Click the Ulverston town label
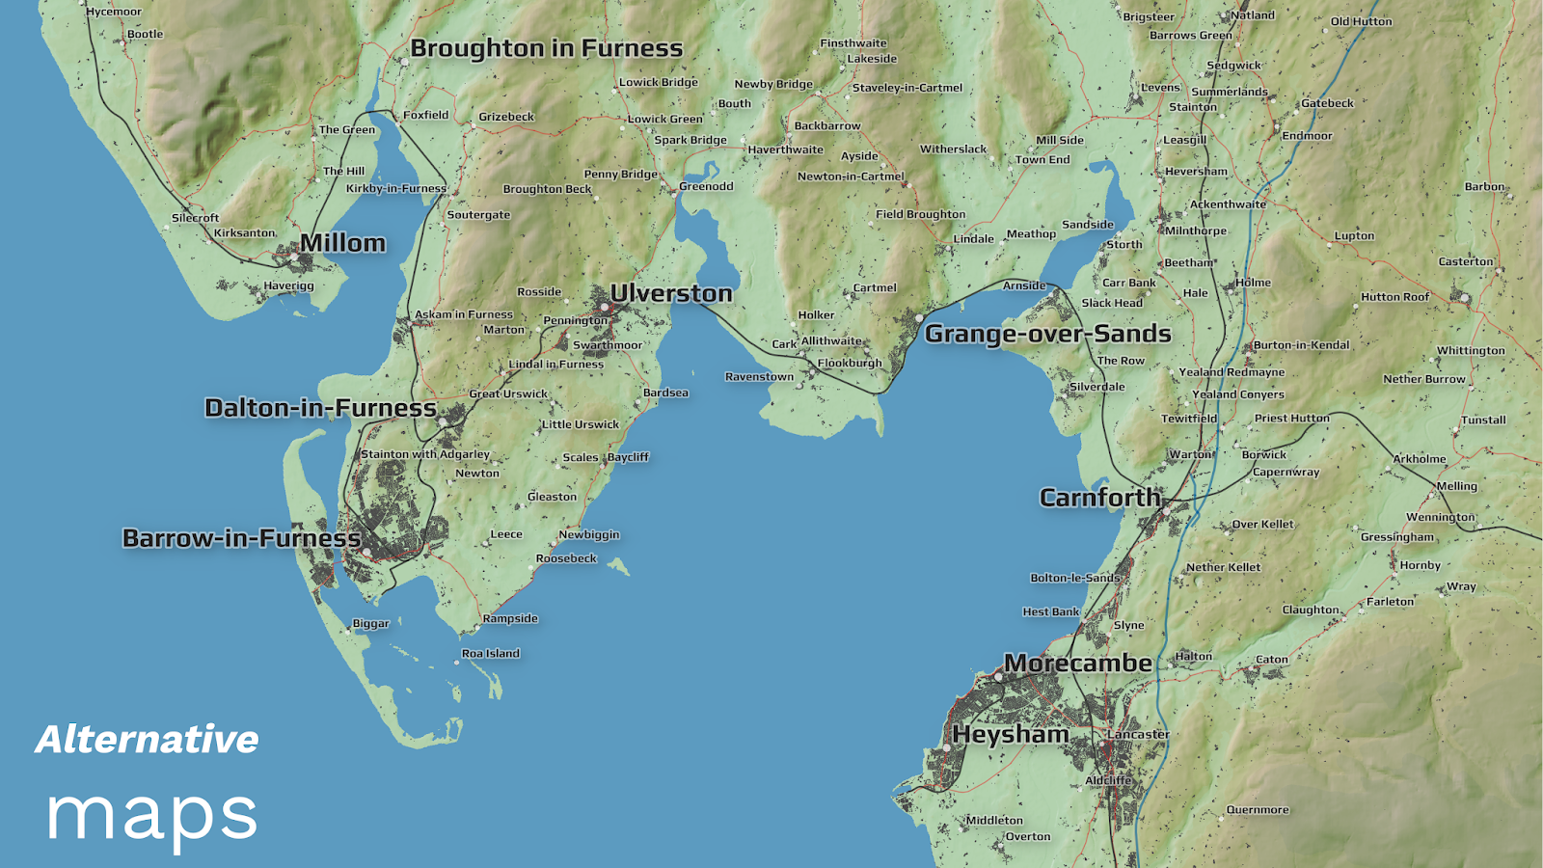coord(671,293)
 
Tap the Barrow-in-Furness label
coord(241,538)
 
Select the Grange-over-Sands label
coord(1047,334)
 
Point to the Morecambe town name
coord(1077,664)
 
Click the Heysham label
coord(1010,735)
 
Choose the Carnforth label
coord(1099,498)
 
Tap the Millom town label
coord(342,243)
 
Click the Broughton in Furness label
coord(546,48)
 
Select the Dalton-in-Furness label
coord(320,408)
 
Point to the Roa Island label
coord(490,654)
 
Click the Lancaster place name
coord(1138,734)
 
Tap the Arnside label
coord(1023,285)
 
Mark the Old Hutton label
coord(1361,21)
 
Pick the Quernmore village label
coord(1257,810)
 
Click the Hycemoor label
coord(114,12)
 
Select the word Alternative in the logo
coord(147,740)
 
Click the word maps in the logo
coord(151,816)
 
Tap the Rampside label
coord(510,618)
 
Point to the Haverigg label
coord(288,285)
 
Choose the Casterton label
coord(1465,261)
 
